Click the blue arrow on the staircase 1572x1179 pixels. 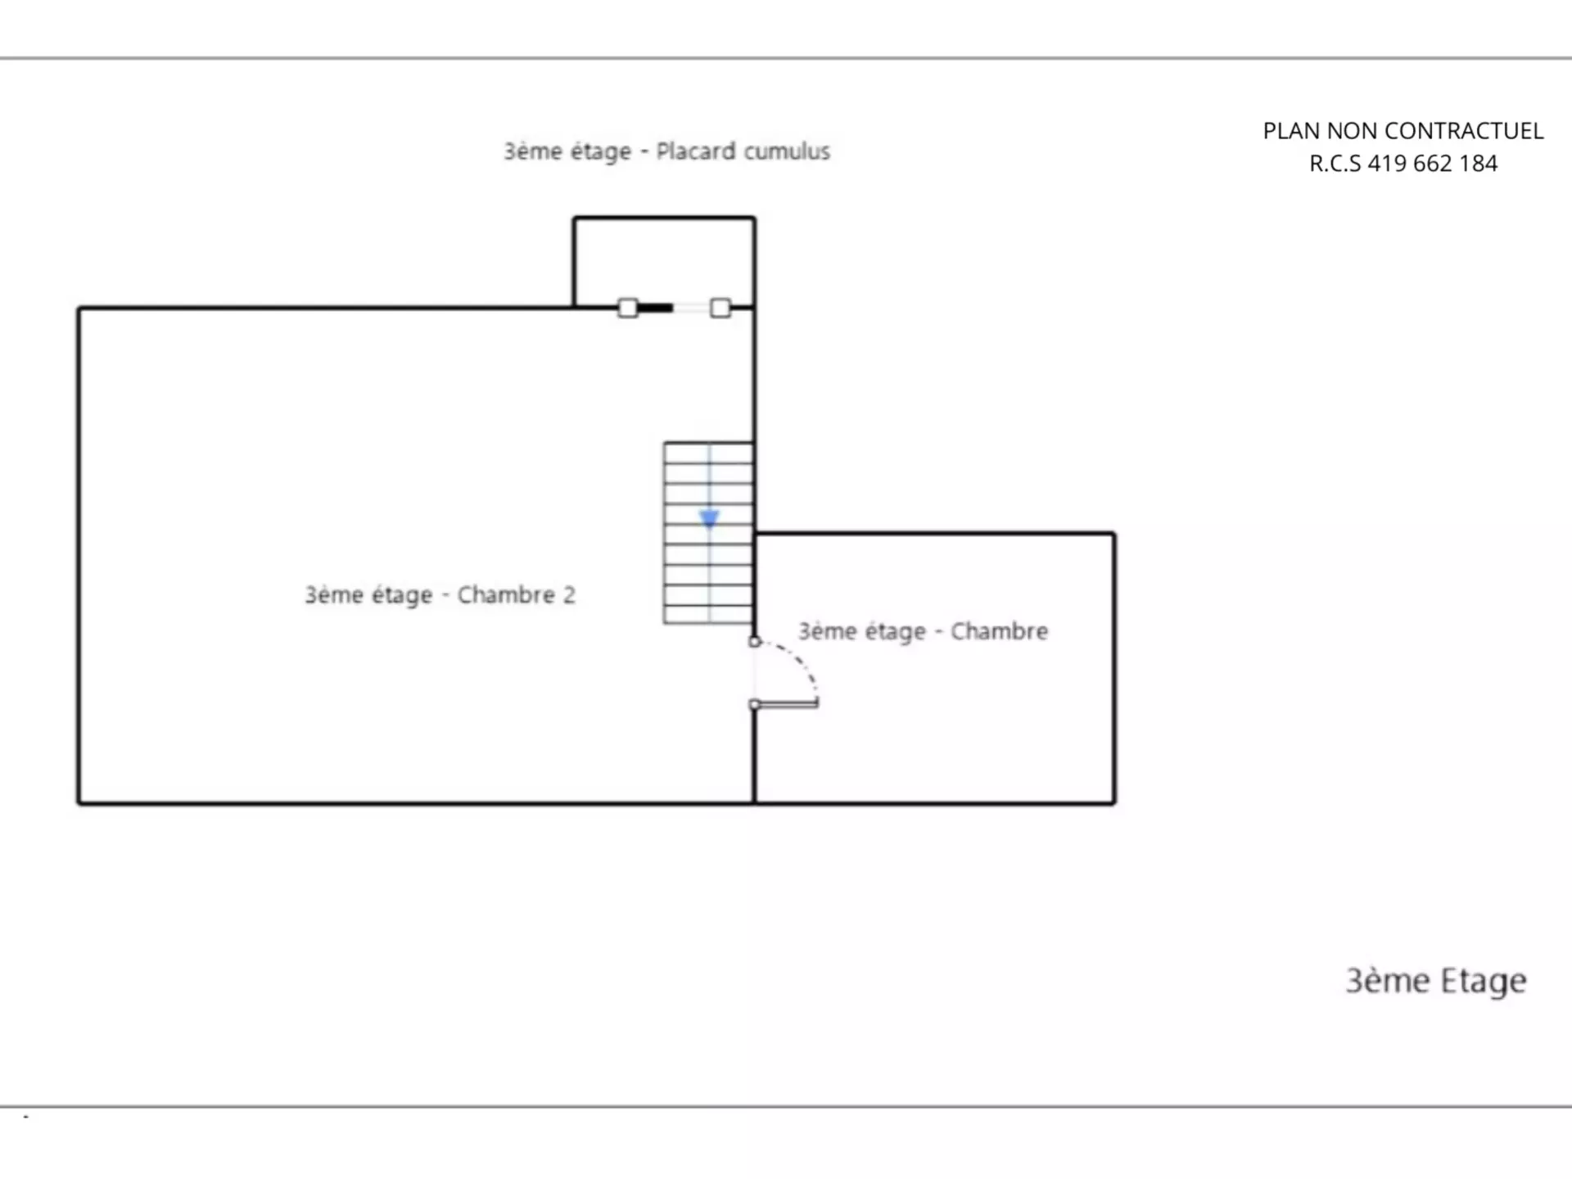tap(709, 518)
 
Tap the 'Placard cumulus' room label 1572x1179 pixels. tap(666, 151)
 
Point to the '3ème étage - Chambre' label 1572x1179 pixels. tap(923, 631)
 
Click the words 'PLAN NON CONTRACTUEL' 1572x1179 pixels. tap(1403, 131)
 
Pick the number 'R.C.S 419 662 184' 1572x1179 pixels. tap(1403, 164)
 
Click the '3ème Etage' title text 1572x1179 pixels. tap(1436, 981)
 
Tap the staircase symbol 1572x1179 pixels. tap(709, 533)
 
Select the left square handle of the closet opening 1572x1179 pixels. tap(628, 308)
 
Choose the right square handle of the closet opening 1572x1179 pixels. tap(720, 308)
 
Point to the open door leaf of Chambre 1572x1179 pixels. tap(785, 703)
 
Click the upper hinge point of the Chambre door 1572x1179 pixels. tap(755, 642)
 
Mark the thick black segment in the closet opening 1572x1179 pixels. tap(655, 308)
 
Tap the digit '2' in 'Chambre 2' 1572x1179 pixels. tap(569, 594)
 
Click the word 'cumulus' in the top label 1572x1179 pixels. tap(787, 151)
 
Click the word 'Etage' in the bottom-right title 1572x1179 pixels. tap(1484, 982)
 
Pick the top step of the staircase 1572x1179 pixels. tap(709, 453)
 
